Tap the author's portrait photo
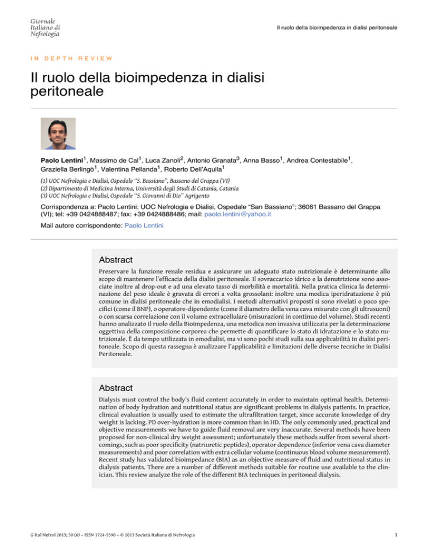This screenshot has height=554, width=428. click(58, 134)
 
